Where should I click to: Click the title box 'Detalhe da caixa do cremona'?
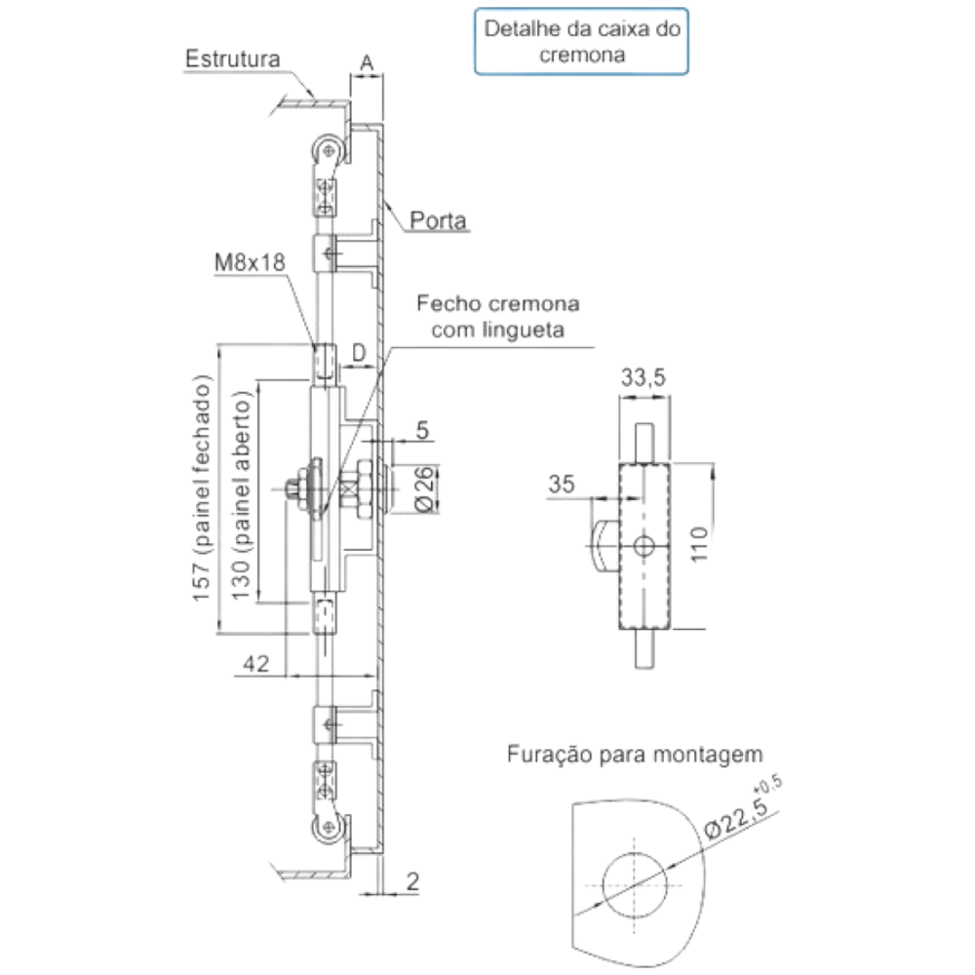581,42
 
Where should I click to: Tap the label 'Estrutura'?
233,59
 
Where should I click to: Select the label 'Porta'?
438,220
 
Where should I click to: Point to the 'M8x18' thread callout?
250,261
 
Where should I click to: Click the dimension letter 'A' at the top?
367,62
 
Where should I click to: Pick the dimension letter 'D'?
359,353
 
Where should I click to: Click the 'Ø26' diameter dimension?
425,488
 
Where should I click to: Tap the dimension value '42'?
255,663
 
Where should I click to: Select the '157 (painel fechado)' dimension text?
202,488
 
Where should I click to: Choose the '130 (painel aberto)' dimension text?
241,495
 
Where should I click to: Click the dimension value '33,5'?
643,376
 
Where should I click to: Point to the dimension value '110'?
699,544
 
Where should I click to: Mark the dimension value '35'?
561,484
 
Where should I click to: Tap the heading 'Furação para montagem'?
635,755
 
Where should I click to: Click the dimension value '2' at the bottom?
412,881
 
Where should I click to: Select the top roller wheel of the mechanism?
328,151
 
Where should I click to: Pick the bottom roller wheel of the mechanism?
328,828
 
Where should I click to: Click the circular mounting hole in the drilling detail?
635,885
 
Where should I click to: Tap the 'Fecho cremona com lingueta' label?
497,317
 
